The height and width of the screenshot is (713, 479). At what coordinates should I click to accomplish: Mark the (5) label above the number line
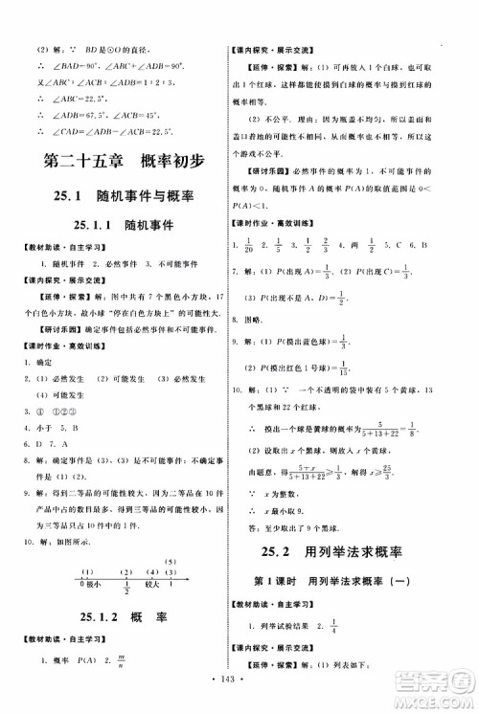tap(171, 535)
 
